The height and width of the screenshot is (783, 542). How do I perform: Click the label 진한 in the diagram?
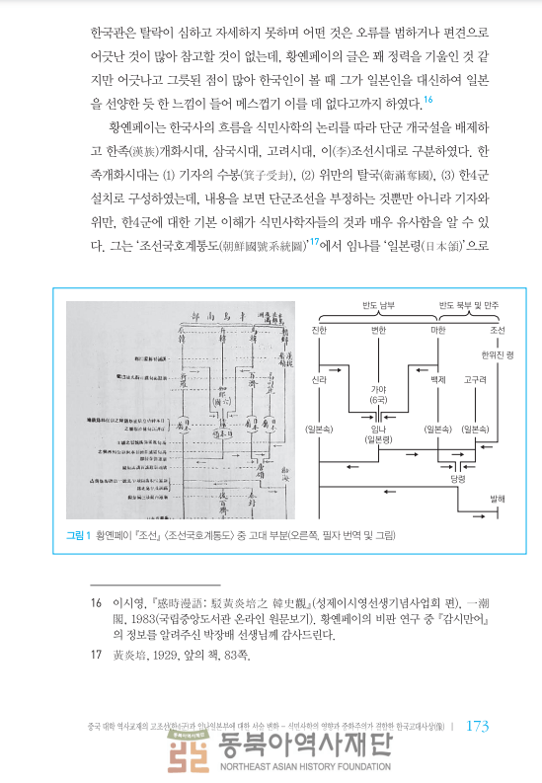coord(318,329)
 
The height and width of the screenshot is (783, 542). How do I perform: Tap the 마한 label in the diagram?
coord(437,329)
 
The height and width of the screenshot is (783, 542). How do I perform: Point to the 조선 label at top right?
coord(498,329)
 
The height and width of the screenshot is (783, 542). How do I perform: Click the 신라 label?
coord(319,379)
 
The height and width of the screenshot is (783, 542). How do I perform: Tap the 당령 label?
coord(457,477)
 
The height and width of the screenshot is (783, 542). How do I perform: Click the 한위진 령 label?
coord(497,353)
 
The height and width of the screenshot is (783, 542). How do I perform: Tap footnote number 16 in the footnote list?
coord(97,601)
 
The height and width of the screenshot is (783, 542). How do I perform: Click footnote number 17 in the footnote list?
coord(97,655)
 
